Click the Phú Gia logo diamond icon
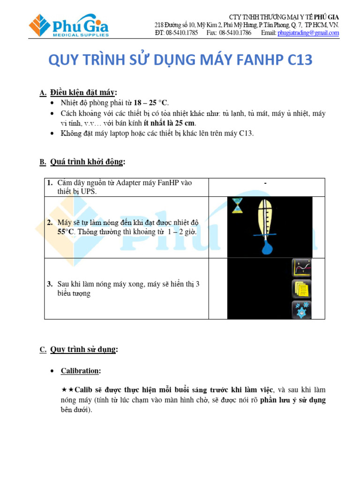click(40, 25)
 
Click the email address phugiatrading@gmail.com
click(308, 33)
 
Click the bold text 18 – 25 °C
click(151, 103)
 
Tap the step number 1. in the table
click(50, 183)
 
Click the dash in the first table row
click(265, 183)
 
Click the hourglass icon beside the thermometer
click(238, 205)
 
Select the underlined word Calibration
click(80, 371)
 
